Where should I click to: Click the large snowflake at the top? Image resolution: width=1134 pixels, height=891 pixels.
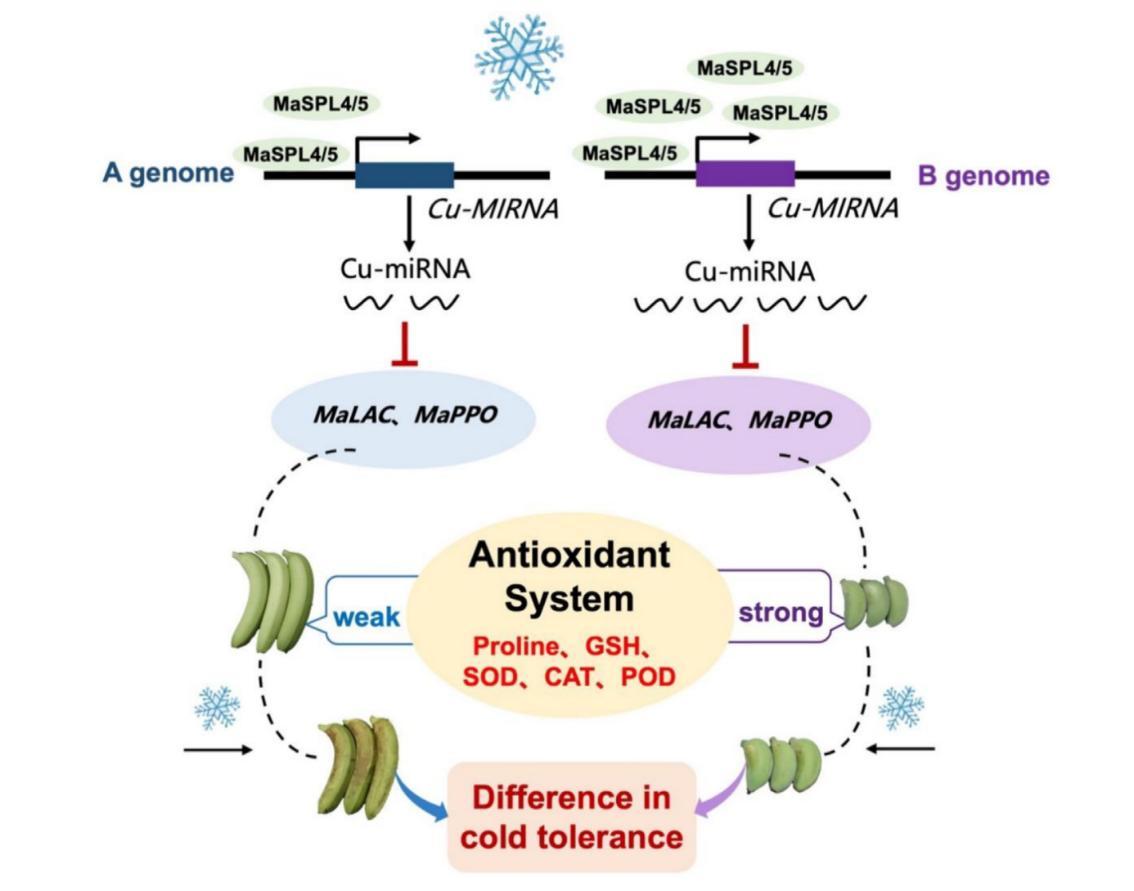point(519,56)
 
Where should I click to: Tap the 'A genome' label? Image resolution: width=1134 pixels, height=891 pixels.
point(169,173)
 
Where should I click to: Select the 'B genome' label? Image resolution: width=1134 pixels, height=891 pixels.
point(983,175)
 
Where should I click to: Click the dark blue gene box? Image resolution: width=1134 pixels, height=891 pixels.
point(404,174)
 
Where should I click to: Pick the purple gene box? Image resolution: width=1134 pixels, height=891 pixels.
point(745,173)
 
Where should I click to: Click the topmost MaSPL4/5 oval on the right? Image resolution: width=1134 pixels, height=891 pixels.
point(745,68)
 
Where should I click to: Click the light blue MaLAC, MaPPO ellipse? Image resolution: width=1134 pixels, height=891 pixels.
point(404,417)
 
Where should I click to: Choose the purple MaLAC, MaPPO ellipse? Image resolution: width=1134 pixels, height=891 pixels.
point(738,422)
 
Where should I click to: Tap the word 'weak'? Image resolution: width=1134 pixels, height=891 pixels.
point(367,617)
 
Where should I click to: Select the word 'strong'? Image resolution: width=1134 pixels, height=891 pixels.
point(781,612)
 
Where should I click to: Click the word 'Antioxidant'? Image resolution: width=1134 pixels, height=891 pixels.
point(569,555)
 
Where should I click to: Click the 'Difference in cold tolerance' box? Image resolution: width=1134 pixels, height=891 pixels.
point(571,817)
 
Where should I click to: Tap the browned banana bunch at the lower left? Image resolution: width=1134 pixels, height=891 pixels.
point(358,769)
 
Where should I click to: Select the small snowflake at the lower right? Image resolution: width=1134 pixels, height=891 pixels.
point(901,707)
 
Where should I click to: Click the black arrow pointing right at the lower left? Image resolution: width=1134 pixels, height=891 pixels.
point(218,749)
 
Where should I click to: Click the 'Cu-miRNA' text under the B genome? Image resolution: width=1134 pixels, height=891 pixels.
point(749,272)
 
